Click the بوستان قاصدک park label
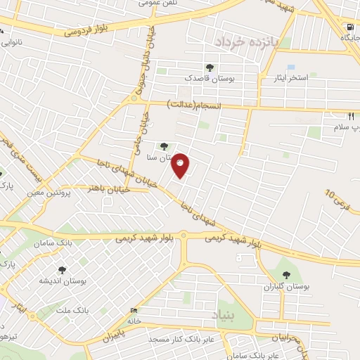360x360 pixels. [210, 79]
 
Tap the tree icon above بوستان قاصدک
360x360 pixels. [210, 67]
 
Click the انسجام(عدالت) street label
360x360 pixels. [194, 104]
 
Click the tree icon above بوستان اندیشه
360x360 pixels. [61, 269]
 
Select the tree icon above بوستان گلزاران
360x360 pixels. [285, 274]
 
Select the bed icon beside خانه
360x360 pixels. [134, 310]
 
